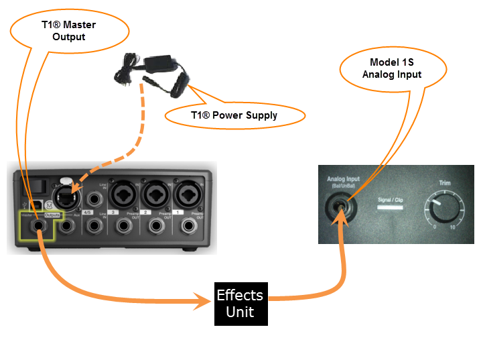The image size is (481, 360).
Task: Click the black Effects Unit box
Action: tap(240, 304)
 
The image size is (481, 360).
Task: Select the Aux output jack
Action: tap(67, 227)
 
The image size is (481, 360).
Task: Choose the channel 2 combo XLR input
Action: tap(155, 196)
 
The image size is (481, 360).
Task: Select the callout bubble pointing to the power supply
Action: tap(234, 115)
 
